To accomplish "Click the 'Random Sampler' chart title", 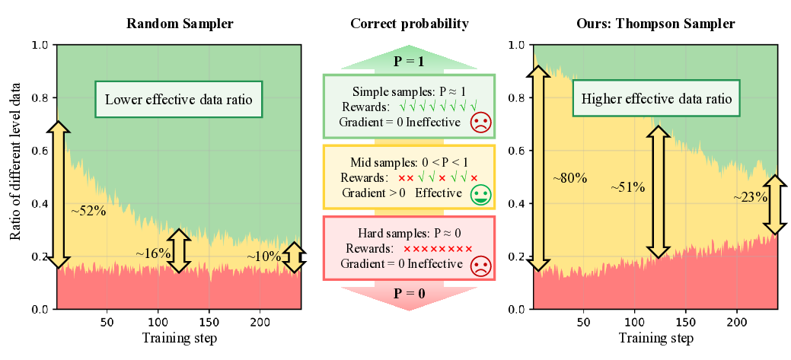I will [x=180, y=24].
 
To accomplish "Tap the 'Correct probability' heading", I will [x=409, y=24].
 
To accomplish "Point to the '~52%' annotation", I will [x=88, y=211].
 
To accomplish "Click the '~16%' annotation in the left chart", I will [x=153, y=253].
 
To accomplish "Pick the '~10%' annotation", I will [x=263, y=257].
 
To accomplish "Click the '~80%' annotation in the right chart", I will [x=569, y=178].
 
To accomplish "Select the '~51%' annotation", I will [x=627, y=186].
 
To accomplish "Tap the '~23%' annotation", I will [x=750, y=196].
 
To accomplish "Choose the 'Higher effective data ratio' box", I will [x=655, y=99].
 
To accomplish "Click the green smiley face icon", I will [x=480, y=194].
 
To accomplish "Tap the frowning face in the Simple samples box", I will [x=480, y=123].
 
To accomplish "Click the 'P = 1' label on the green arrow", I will [x=409, y=62].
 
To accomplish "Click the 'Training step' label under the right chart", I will [x=655, y=337].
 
